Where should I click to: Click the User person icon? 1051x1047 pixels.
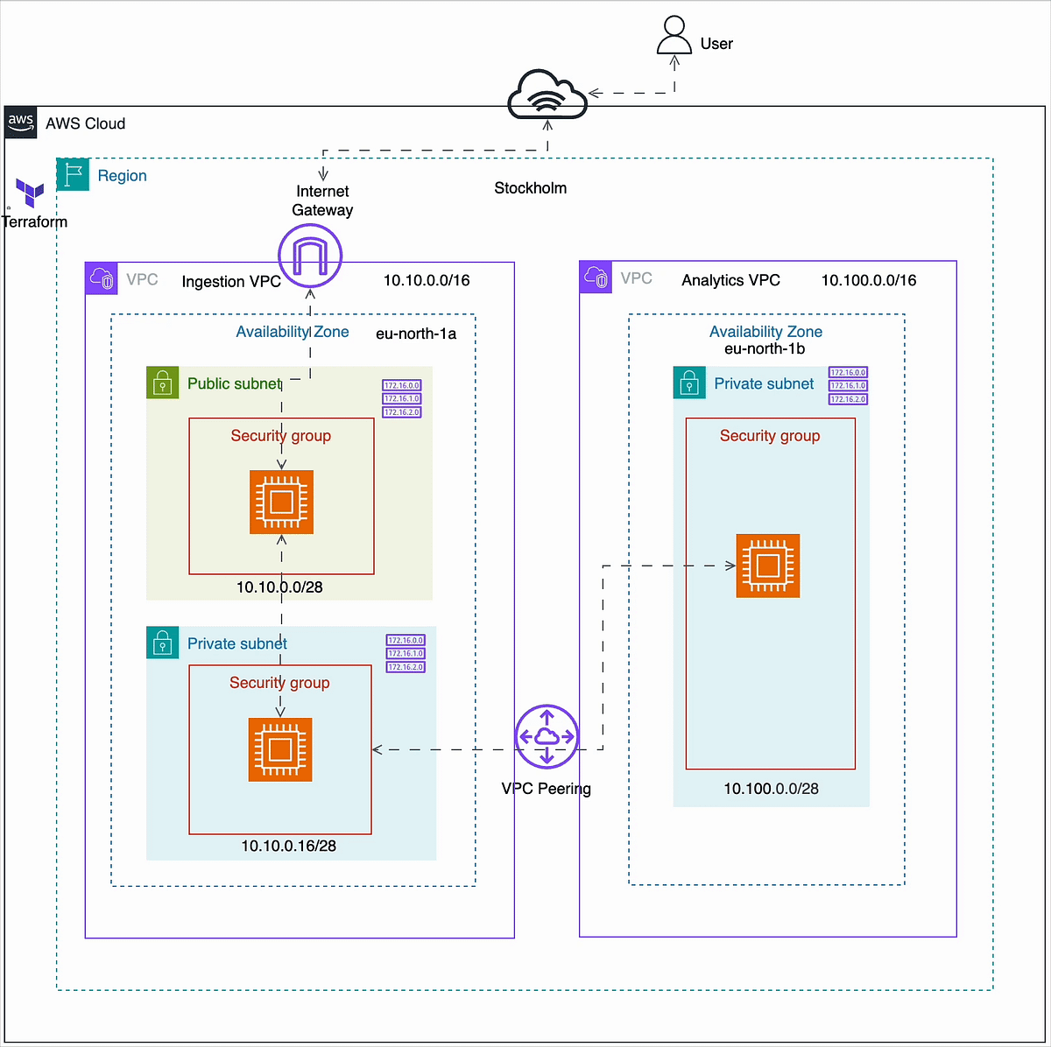point(674,35)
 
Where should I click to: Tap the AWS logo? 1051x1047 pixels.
point(21,123)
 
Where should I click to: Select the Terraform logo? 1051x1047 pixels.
point(31,193)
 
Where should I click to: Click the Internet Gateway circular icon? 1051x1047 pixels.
point(310,256)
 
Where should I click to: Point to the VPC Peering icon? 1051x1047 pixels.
point(547,736)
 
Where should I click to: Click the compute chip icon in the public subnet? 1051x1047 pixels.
point(281,502)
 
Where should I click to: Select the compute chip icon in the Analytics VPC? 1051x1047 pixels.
point(768,566)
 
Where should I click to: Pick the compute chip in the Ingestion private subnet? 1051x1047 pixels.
point(280,749)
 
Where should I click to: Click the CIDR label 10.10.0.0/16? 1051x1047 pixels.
point(427,280)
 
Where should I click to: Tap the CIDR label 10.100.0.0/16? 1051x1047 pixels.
point(869,280)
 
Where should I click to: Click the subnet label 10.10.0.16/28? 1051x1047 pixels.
point(288,846)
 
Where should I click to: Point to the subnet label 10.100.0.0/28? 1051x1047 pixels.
point(771,789)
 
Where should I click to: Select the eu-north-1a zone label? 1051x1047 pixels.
point(416,334)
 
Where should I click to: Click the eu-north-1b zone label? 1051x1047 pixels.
point(765,348)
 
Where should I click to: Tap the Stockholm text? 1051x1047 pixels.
point(530,188)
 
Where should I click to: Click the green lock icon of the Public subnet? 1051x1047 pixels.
point(162,383)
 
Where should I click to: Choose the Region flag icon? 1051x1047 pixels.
point(74,175)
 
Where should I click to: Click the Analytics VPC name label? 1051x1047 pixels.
point(730,280)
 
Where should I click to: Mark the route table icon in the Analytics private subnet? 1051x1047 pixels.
point(848,385)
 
